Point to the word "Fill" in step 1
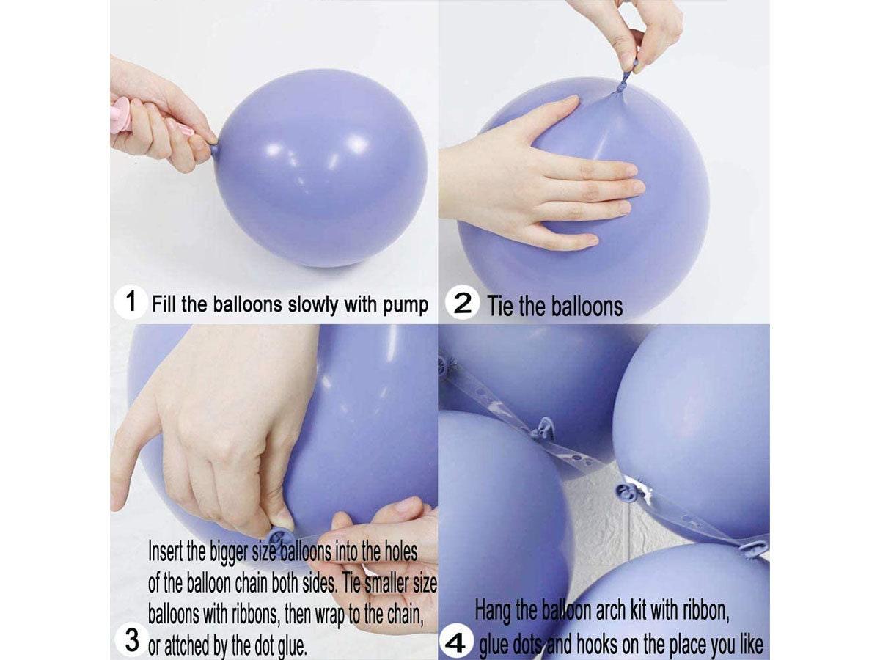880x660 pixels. click(164, 304)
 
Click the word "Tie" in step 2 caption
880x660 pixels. click(500, 307)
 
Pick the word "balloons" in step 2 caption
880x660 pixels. click(587, 307)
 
